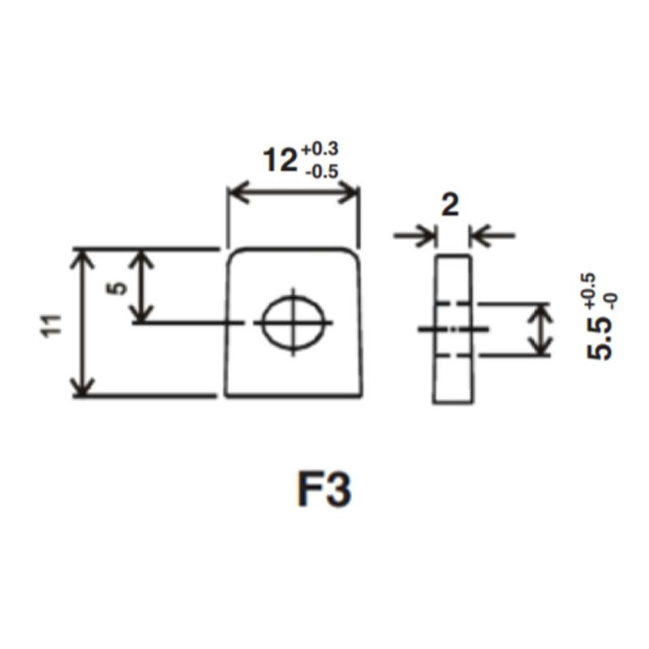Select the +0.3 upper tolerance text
pos(320,148)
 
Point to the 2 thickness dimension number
pos(450,204)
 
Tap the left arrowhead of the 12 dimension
pos(236,192)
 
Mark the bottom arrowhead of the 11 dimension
pos(81,388)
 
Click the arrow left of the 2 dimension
pos(427,236)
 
